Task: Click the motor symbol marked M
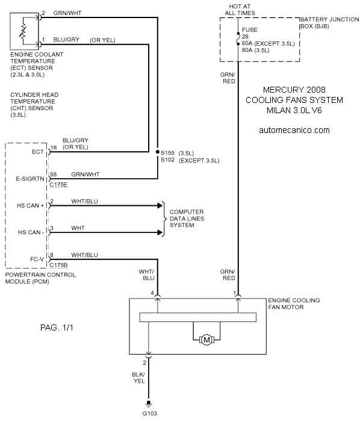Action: click(x=206, y=340)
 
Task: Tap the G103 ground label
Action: click(x=149, y=414)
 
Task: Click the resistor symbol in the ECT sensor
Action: click(x=23, y=31)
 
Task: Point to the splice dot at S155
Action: click(x=157, y=152)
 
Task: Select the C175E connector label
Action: click(x=58, y=185)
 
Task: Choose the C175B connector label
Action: click(x=58, y=265)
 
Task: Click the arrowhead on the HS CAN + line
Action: click(x=160, y=206)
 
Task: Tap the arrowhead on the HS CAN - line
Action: click(x=160, y=232)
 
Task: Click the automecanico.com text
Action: click(x=294, y=130)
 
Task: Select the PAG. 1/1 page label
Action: click(x=57, y=327)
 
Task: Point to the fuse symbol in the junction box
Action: click(x=238, y=39)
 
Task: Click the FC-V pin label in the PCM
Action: click(x=37, y=259)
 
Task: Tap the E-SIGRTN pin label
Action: click(x=30, y=179)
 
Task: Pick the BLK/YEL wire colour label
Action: click(x=138, y=378)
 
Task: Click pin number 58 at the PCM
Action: click(x=53, y=175)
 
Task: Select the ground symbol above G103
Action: click(x=149, y=404)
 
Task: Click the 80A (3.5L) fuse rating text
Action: click(x=255, y=51)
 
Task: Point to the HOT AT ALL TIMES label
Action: click(x=240, y=10)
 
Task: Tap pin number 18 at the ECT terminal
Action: click(x=54, y=147)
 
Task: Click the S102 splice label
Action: click(x=167, y=160)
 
